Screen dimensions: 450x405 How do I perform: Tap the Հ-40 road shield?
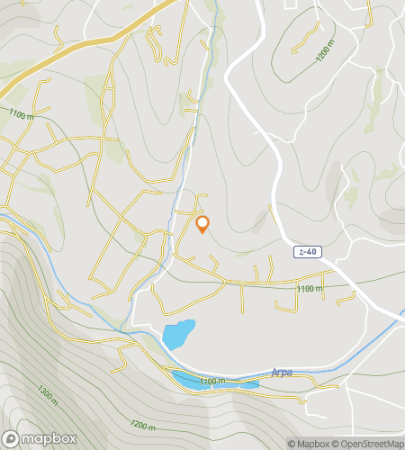coord(307,253)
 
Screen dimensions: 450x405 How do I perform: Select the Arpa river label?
coord(281,371)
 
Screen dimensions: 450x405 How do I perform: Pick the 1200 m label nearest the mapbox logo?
coord(143,424)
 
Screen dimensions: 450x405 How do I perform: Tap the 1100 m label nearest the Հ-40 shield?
coord(309,288)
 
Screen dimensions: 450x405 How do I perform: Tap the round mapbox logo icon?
coord(12,438)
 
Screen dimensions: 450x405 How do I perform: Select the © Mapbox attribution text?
coord(308,444)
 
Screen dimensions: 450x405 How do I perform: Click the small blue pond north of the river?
coord(178,334)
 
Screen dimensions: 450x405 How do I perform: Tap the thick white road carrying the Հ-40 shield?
coord(270,162)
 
